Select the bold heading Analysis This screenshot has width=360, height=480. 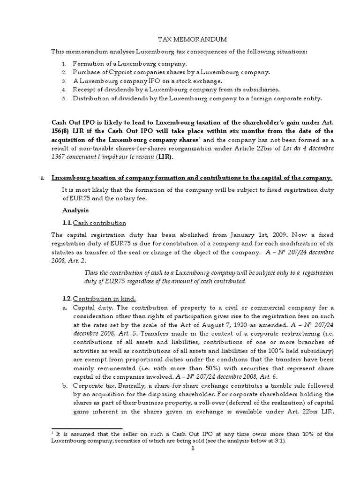click(75, 210)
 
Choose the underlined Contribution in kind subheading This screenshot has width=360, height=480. click(104, 299)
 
